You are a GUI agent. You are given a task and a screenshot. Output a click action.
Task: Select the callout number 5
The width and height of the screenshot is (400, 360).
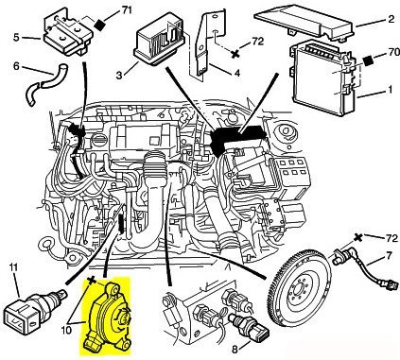[16, 38]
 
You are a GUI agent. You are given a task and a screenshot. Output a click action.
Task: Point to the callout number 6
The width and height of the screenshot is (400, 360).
[16, 67]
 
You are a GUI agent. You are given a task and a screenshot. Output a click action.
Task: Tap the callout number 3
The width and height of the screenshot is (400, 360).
[119, 76]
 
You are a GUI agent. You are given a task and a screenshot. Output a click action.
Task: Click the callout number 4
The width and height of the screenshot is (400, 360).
[236, 74]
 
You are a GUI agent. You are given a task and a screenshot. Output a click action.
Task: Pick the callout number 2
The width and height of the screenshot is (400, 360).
[391, 19]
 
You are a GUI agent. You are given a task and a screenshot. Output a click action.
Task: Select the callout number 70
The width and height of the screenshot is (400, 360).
[392, 52]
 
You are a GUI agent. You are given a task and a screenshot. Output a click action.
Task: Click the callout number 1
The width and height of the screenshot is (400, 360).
[390, 90]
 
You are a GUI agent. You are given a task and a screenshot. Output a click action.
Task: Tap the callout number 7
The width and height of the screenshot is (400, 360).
[389, 255]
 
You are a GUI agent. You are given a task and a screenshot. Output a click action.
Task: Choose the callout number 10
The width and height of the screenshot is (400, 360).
[67, 330]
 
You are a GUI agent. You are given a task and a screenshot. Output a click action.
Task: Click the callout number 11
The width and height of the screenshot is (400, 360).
[13, 267]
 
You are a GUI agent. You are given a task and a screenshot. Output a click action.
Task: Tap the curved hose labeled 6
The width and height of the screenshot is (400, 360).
[44, 84]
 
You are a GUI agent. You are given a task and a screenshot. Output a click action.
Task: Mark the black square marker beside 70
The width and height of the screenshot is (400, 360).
[368, 61]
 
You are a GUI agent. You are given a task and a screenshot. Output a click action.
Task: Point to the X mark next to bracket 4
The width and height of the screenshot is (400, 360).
[235, 54]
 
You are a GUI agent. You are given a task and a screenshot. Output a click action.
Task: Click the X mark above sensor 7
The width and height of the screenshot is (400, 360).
[357, 238]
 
